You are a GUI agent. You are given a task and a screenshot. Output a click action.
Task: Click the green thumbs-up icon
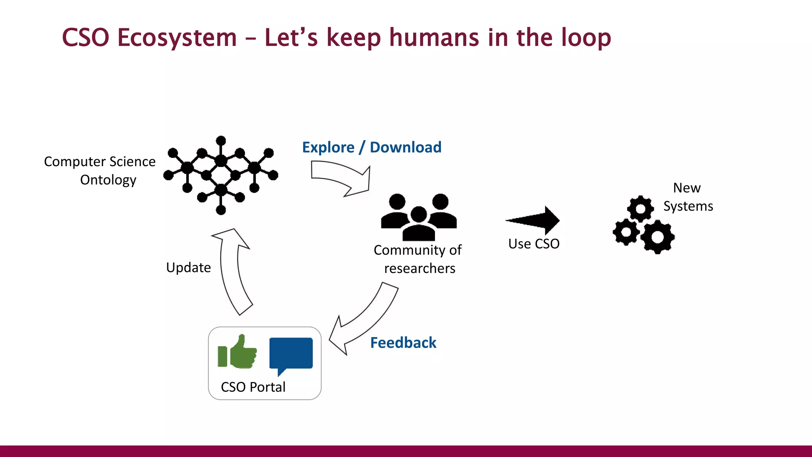pos(238,353)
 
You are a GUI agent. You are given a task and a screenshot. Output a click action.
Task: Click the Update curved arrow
pos(233,270)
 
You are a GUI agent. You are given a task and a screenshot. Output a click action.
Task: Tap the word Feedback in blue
pos(403,343)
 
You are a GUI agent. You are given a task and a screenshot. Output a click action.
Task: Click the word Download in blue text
pos(406,147)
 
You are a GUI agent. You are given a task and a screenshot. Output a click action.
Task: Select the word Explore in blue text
pos(328,147)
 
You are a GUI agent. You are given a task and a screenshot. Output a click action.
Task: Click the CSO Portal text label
pos(253,387)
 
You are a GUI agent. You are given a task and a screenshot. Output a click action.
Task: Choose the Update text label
pos(188,267)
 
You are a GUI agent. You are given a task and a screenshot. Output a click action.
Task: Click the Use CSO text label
pos(534,244)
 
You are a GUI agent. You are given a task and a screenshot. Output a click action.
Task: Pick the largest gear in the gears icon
pos(657,237)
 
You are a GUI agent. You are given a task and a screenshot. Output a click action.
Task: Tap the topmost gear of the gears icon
pos(640,209)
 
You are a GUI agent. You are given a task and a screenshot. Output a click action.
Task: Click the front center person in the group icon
pos(419,226)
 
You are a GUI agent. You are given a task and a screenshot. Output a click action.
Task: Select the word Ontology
pos(108,180)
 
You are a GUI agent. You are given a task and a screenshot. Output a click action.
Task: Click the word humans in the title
pos(434,37)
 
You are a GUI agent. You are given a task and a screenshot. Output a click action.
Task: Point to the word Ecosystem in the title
pos(177,37)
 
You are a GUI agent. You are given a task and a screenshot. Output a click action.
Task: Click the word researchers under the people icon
pos(419,268)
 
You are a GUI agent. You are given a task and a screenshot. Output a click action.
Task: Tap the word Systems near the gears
pos(688,206)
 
